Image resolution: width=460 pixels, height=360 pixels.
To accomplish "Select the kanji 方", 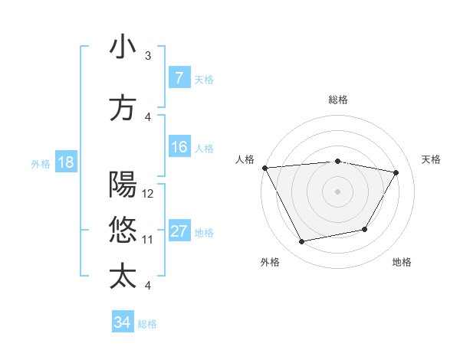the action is click(x=123, y=107).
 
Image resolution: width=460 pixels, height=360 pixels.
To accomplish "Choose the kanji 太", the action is click(x=123, y=276).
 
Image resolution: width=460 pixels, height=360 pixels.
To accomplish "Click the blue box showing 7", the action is click(x=179, y=78).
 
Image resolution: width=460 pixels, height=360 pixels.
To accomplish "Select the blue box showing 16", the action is click(x=179, y=147).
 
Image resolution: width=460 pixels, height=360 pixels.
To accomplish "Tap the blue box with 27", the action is click(x=179, y=231).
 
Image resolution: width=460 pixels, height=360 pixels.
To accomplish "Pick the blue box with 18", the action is click(x=64, y=162).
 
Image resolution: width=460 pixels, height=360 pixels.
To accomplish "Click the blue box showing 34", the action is click(x=122, y=322).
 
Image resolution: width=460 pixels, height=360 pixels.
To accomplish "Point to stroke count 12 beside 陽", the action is click(x=149, y=194).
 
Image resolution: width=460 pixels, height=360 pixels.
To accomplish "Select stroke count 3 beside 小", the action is click(x=148, y=56).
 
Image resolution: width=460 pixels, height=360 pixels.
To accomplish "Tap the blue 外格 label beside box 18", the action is click(x=40, y=163).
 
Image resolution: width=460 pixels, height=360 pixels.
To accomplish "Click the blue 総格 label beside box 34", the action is click(x=147, y=324).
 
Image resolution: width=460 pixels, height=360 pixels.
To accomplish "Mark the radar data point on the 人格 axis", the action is click(x=264, y=168).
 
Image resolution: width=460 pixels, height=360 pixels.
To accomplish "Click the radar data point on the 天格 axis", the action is click(x=396, y=172).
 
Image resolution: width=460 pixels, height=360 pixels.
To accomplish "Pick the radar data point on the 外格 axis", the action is click(x=301, y=242).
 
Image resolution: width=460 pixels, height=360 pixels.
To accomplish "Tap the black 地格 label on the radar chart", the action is click(x=402, y=263).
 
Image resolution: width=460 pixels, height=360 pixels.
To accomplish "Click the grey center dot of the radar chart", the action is click(x=337, y=191).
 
